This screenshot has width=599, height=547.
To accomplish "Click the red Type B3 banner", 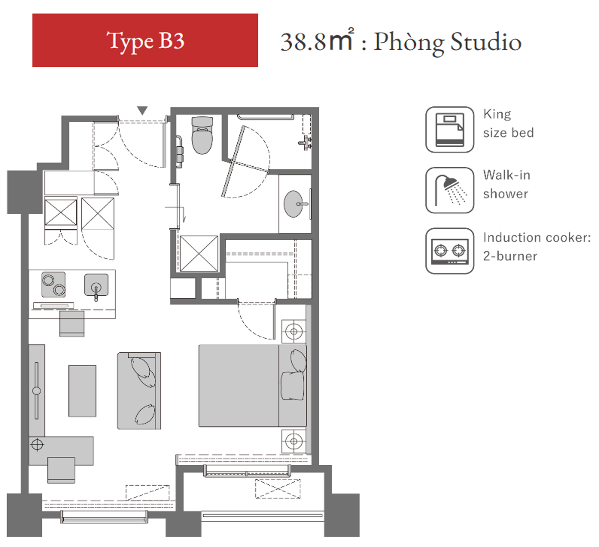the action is [145, 40].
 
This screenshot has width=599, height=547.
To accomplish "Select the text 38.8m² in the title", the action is [317, 40].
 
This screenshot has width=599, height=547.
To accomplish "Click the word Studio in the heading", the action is [486, 42].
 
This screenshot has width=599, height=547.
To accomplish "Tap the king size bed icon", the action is [449, 130].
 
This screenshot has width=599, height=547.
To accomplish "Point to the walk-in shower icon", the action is [449, 190].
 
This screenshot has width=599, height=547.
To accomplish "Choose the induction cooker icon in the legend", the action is [449, 251].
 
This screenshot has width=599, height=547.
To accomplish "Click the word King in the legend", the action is [497, 114].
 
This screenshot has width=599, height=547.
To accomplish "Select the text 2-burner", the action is [510, 256].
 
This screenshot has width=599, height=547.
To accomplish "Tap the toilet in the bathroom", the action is [202, 135].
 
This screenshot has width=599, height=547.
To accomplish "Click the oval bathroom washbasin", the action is [293, 204].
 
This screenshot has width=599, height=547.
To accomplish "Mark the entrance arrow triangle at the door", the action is [142, 110].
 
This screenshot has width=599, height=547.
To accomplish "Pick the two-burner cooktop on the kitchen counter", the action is [54, 285].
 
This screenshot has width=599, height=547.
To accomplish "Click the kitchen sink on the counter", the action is [96, 285].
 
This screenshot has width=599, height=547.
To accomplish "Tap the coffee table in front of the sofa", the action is [82, 391].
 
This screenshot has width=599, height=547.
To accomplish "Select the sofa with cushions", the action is [139, 391].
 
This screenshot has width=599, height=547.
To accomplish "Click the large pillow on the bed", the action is [292, 386].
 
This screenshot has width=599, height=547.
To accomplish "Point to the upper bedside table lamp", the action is [294, 332].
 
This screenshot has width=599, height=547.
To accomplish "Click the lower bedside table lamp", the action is [294, 441].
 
